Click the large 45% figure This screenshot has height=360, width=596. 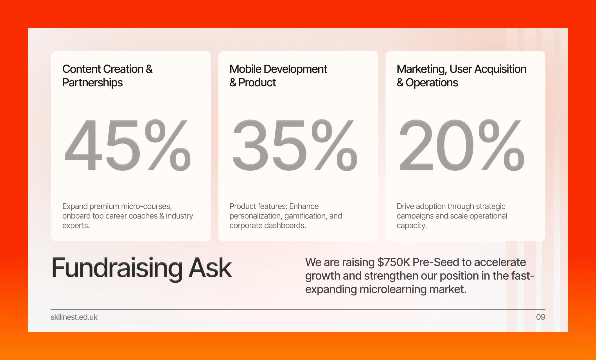[x=128, y=145]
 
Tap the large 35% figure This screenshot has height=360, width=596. [x=295, y=145]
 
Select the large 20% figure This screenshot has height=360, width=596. [x=462, y=145]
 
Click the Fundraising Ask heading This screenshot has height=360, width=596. [x=142, y=268]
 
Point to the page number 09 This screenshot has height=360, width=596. [x=541, y=317]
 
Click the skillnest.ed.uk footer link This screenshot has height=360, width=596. [x=74, y=317]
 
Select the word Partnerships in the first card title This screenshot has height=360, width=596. [x=92, y=83]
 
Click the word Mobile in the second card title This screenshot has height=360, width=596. [x=245, y=69]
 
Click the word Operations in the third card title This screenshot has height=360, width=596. [x=432, y=83]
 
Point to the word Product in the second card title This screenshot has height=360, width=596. [x=257, y=83]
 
